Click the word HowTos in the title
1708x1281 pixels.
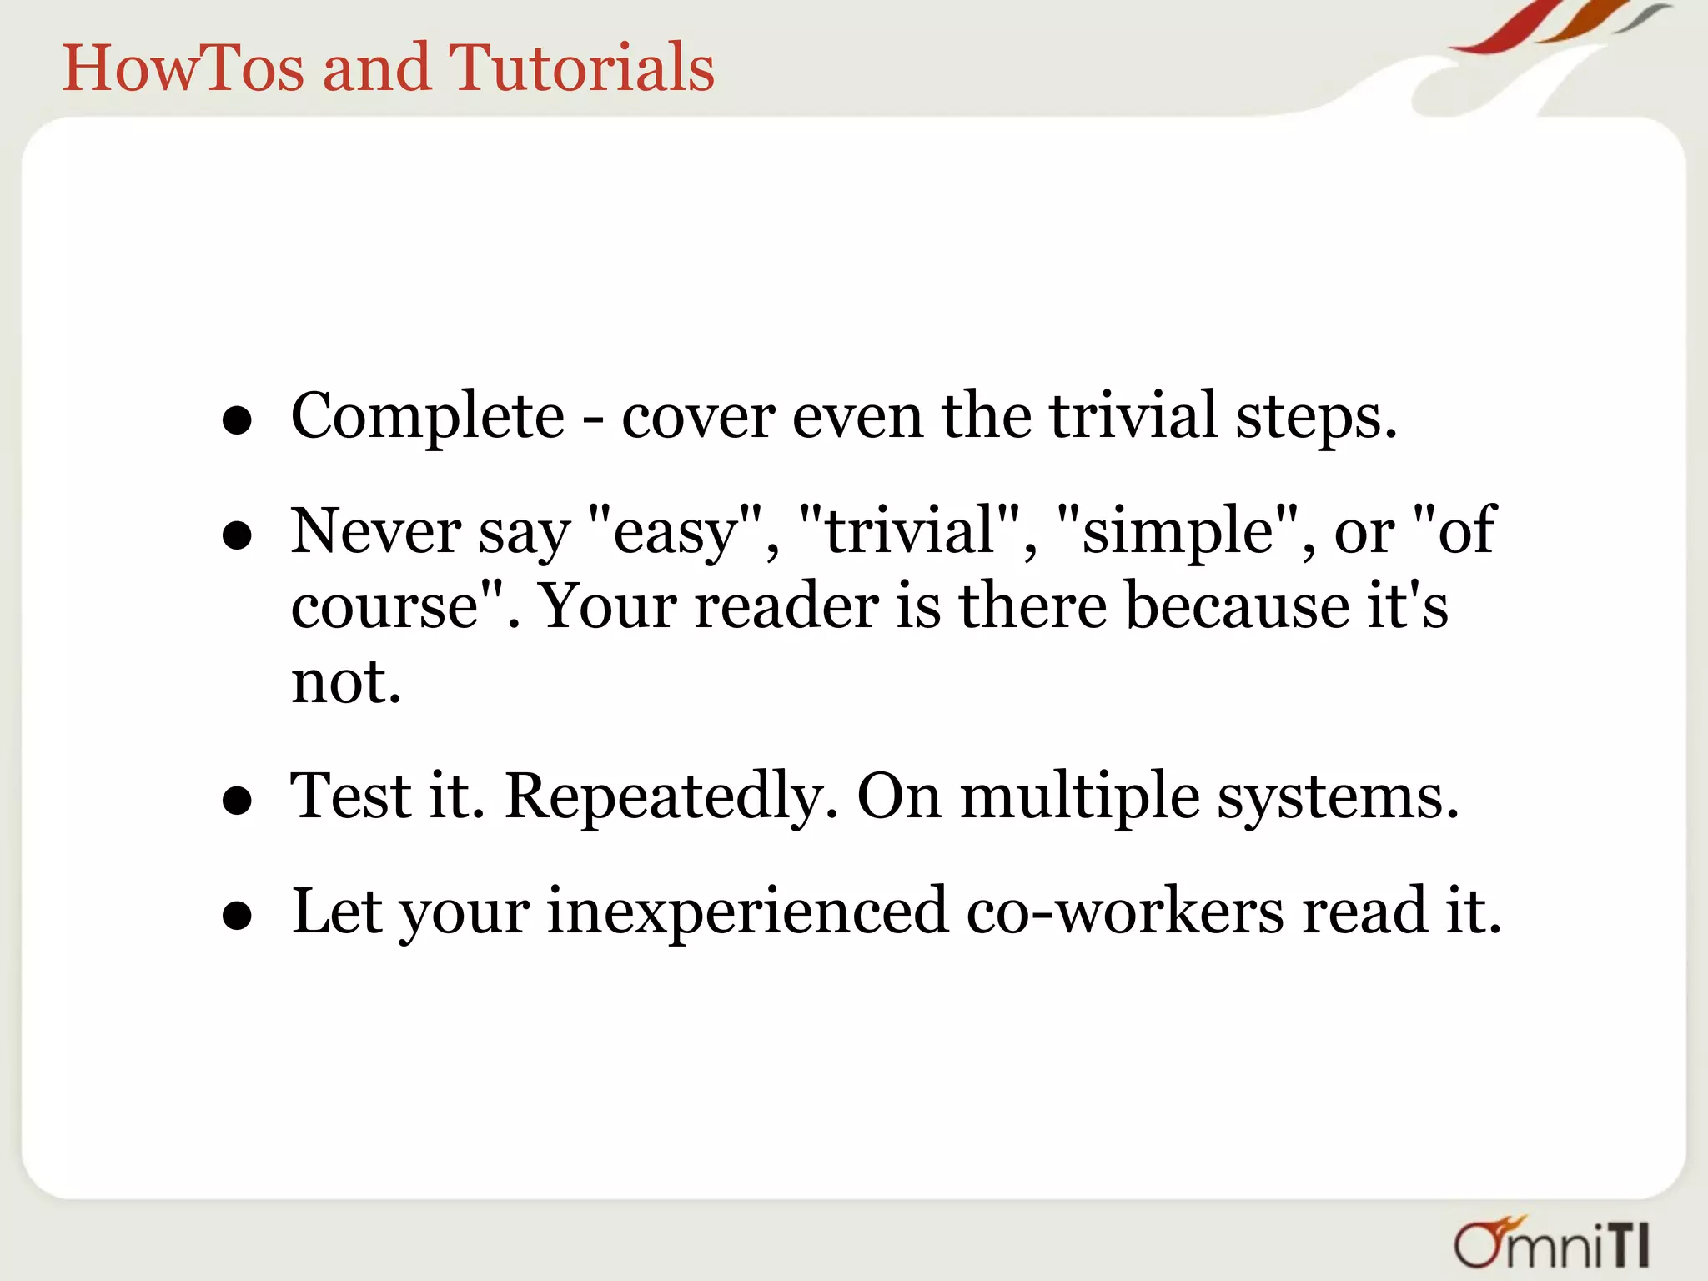(x=184, y=68)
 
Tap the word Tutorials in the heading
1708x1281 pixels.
(x=581, y=68)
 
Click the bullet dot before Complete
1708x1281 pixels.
(x=238, y=420)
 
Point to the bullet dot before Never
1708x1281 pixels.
(x=238, y=535)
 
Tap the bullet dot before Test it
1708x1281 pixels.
(x=238, y=801)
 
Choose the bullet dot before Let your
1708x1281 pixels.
(x=238, y=916)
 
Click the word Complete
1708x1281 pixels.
(x=428, y=416)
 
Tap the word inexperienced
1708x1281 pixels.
(x=747, y=912)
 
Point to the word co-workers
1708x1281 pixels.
(x=1125, y=912)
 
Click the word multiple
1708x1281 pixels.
(x=1080, y=796)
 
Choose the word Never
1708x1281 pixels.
(x=375, y=531)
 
